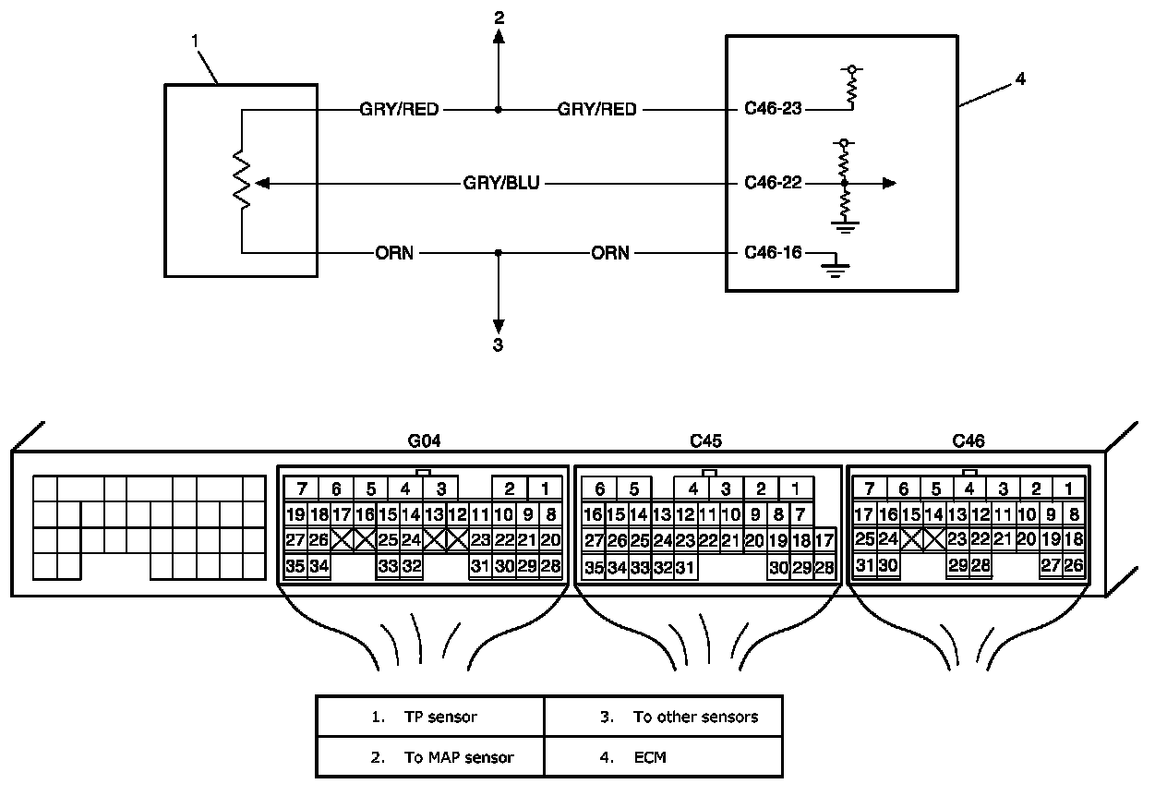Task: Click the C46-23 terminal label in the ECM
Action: pos(773,108)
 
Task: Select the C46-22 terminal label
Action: pos(773,183)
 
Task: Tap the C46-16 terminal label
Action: pos(773,253)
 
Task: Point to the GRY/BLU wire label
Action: pos(501,183)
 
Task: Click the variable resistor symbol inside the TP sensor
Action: pos(242,180)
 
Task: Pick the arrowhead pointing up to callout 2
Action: pos(499,36)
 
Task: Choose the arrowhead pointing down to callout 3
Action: pos(499,326)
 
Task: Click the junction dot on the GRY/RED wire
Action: pos(498,109)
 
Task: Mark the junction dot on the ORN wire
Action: pos(498,253)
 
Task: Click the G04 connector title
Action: pos(424,441)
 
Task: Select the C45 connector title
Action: pos(706,441)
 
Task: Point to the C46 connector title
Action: pos(968,441)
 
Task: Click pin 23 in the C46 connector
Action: pos(957,539)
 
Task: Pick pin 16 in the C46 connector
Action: pos(888,514)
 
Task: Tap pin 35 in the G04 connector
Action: pos(295,566)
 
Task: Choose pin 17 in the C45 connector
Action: pos(824,541)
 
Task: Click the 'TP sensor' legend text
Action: pos(440,717)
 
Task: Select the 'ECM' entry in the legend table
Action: pos(650,757)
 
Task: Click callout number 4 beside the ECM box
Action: pos(1020,78)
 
